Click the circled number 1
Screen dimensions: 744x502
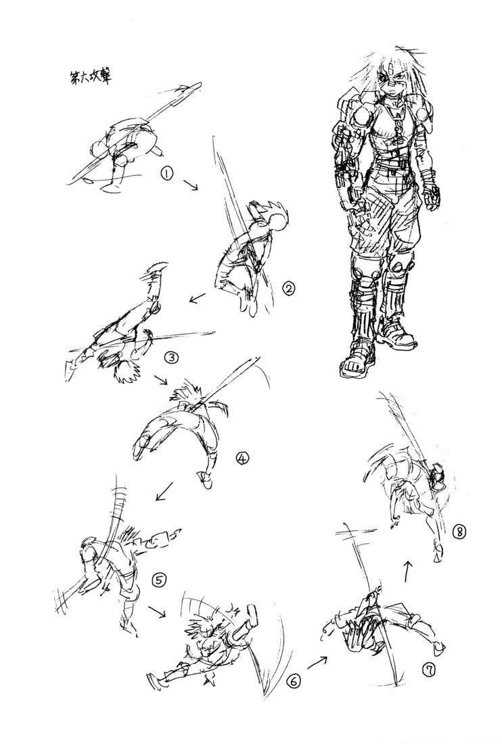(166, 173)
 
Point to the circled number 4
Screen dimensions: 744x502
(242, 459)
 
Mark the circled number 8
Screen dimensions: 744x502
(459, 532)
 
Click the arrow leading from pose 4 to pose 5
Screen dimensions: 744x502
(163, 492)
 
